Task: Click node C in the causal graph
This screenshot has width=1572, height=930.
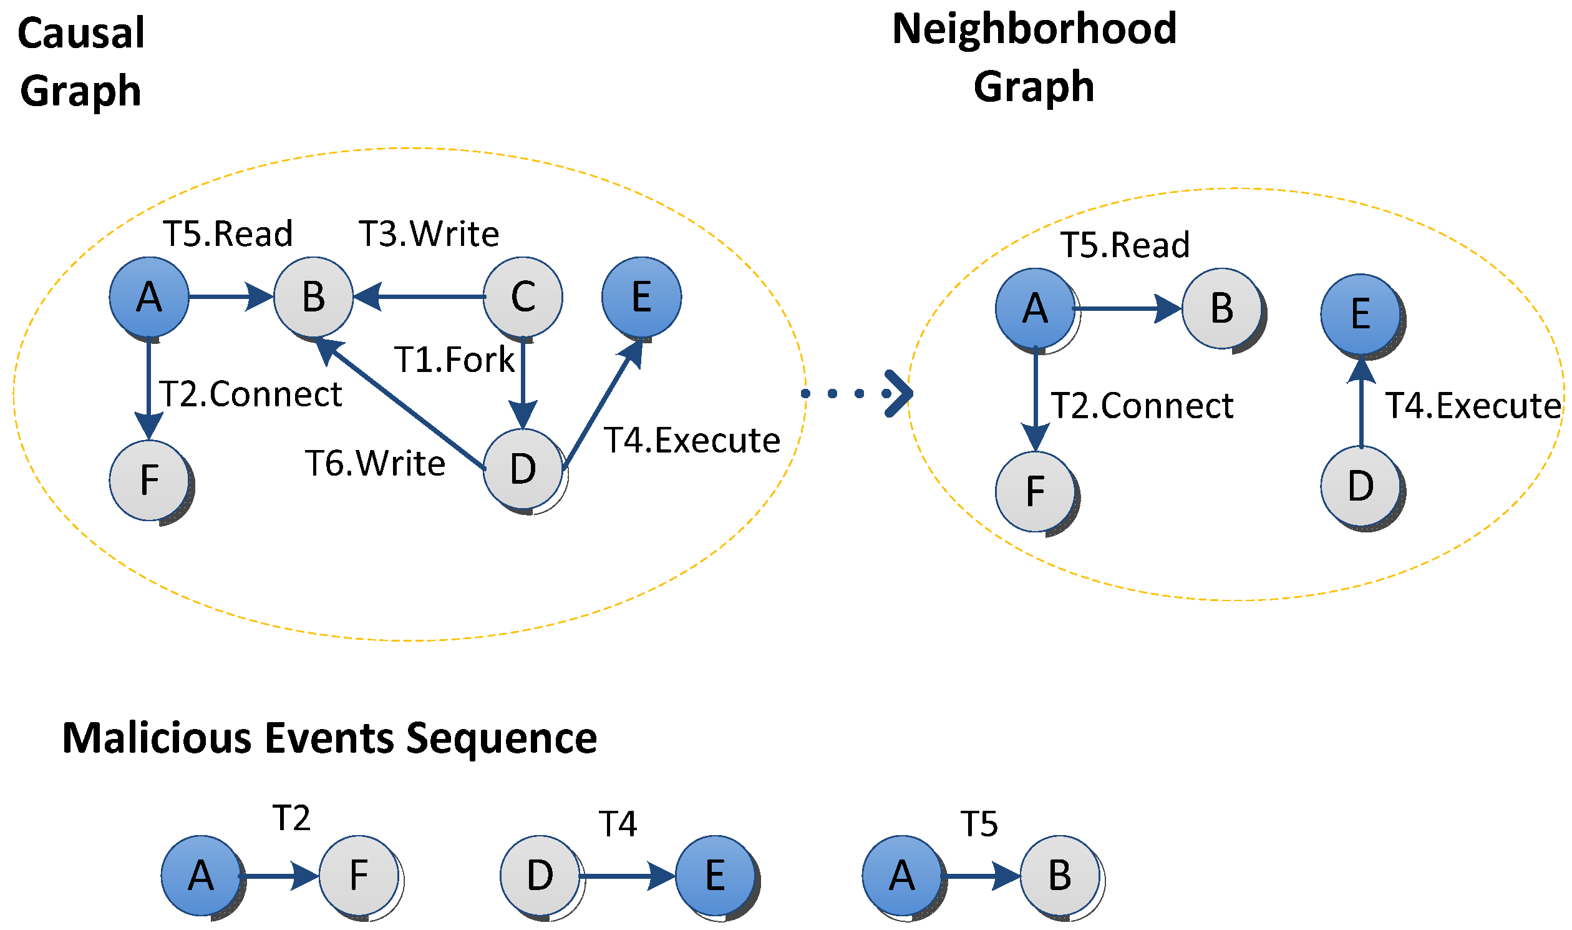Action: (523, 296)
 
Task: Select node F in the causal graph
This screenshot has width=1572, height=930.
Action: (149, 481)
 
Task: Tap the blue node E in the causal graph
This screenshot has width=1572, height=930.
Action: (641, 296)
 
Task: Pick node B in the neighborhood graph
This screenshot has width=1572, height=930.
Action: (1221, 308)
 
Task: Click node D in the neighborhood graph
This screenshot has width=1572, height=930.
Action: (1361, 486)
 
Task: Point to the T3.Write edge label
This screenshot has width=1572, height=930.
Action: (429, 234)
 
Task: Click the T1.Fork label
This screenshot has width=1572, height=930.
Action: (454, 360)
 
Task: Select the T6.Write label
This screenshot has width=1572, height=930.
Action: (375, 464)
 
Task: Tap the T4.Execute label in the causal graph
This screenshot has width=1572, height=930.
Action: (691, 441)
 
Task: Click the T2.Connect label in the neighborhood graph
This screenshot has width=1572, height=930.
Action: (1142, 406)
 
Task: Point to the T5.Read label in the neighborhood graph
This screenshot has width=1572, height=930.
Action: (1125, 245)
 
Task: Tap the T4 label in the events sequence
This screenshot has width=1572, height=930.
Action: (618, 823)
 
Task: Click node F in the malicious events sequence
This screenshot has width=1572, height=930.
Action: (359, 876)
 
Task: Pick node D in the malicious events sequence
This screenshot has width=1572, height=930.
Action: (540, 876)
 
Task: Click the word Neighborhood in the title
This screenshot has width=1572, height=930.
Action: (1034, 29)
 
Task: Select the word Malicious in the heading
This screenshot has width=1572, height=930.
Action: (157, 738)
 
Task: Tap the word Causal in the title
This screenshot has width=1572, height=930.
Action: (82, 33)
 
